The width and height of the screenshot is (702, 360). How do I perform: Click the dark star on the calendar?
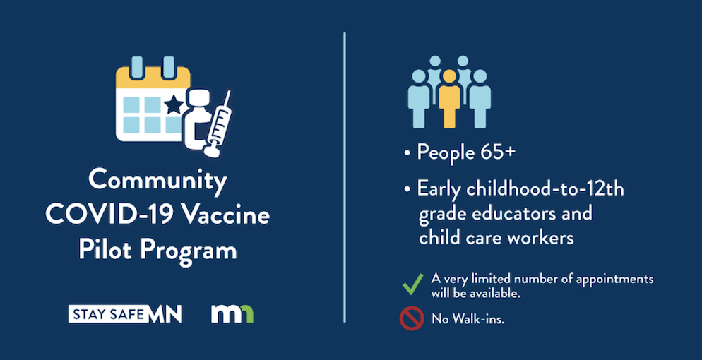pos(173,106)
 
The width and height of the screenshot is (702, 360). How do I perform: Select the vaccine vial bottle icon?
pos(198,119)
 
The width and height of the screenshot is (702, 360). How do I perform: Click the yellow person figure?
pos(449,98)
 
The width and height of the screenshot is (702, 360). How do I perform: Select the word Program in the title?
pos(186,251)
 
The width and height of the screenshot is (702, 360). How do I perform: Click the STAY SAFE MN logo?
pos(125,313)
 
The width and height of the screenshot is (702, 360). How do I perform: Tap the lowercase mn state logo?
pos(232,313)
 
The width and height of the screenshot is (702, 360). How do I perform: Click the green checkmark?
pos(412,284)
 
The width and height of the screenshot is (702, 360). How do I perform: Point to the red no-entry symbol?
pos(412,318)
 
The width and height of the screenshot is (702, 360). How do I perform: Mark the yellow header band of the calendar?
pos(153,78)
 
